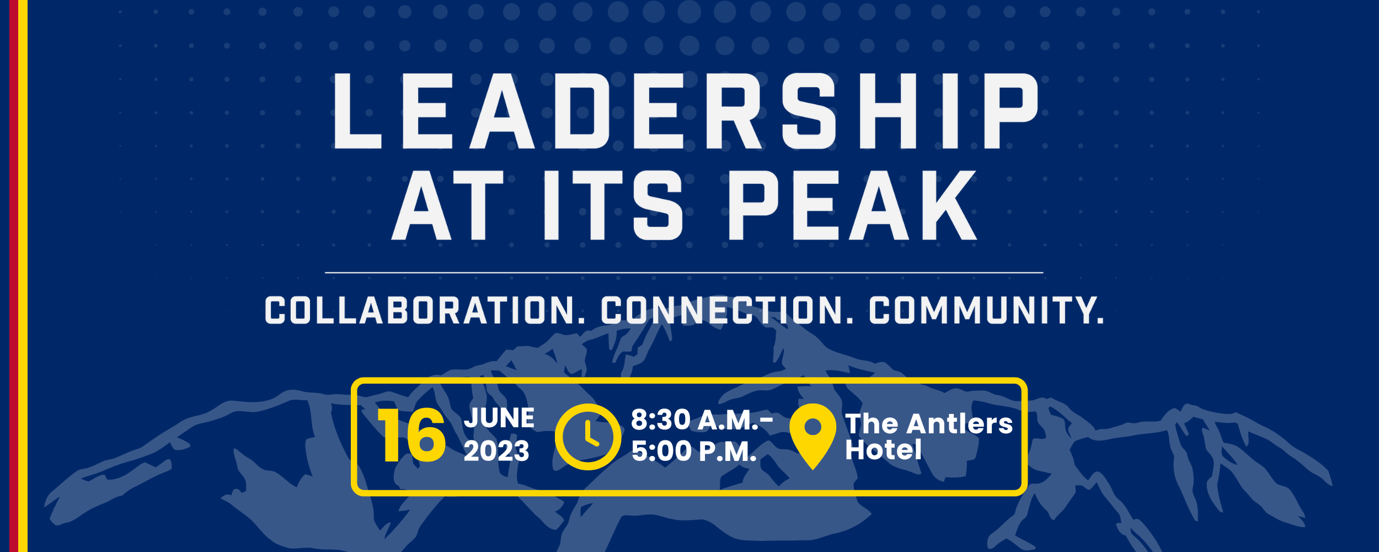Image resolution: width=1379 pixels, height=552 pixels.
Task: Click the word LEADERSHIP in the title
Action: pyautogui.click(x=686, y=111)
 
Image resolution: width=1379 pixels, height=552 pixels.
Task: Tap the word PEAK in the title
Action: pyautogui.click(x=853, y=205)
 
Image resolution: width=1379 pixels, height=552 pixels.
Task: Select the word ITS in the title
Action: pyautogui.click(x=613, y=205)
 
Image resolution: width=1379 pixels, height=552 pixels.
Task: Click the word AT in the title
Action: pyautogui.click(x=448, y=205)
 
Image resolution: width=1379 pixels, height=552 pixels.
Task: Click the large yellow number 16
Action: pyautogui.click(x=411, y=436)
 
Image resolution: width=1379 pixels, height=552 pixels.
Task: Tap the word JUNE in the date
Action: pyautogui.click(x=499, y=418)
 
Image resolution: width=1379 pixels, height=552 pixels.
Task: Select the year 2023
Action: pyautogui.click(x=496, y=451)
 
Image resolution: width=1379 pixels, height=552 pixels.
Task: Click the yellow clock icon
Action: pyautogui.click(x=587, y=437)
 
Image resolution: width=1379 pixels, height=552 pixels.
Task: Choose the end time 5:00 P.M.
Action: pyautogui.click(x=694, y=452)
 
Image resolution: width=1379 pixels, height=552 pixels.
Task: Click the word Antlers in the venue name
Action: pyautogui.click(x=959, y=424)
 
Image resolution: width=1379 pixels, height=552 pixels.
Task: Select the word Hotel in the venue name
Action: pyautogui.click(x=883, y=450)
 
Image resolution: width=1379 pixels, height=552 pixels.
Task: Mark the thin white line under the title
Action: pyautogui.click(x=684, y=273)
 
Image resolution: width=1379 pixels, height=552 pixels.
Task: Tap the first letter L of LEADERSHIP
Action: pyautogui.click(x=356, y=111)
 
